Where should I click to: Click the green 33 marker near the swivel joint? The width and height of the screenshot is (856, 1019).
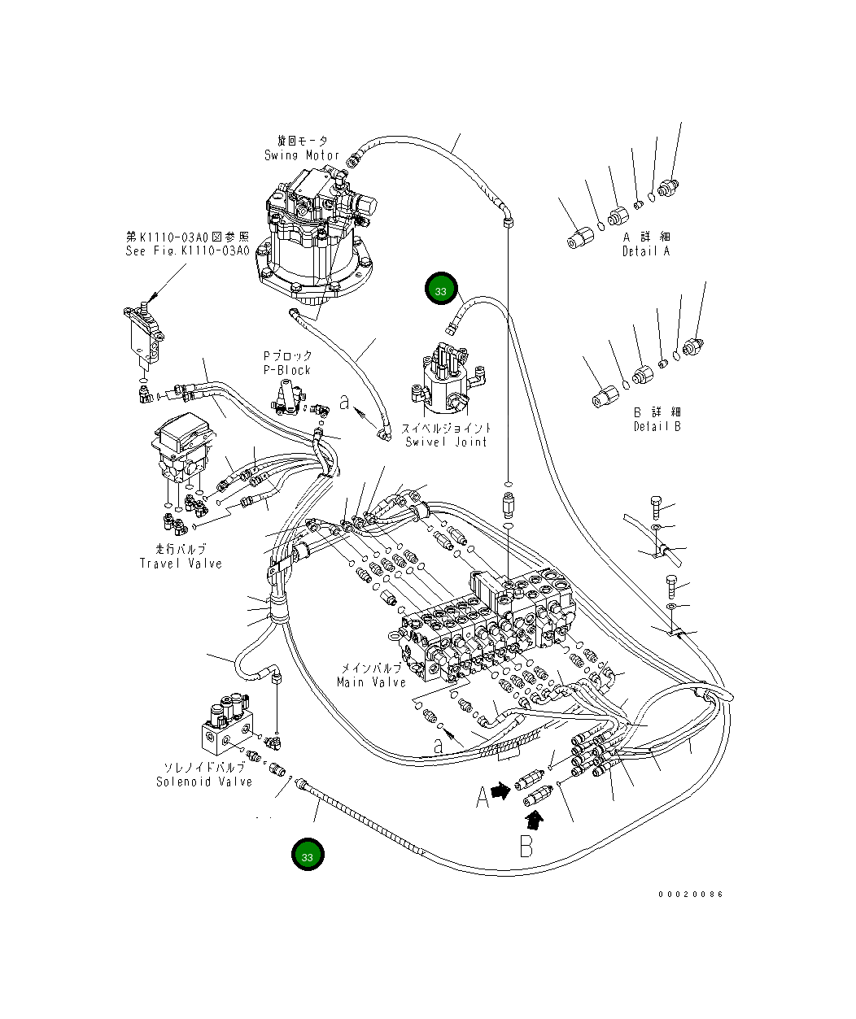[441, 290]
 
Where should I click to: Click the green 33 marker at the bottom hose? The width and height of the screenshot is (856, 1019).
[308, 856]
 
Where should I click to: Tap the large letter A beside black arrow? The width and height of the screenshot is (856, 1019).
[483, 796]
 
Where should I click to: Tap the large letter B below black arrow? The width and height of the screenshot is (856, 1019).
[526, 846]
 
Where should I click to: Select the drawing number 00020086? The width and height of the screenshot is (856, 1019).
[690, 895]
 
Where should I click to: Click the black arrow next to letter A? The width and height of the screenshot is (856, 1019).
[500, 790]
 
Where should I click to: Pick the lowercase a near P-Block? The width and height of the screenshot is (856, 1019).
[345, 402]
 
